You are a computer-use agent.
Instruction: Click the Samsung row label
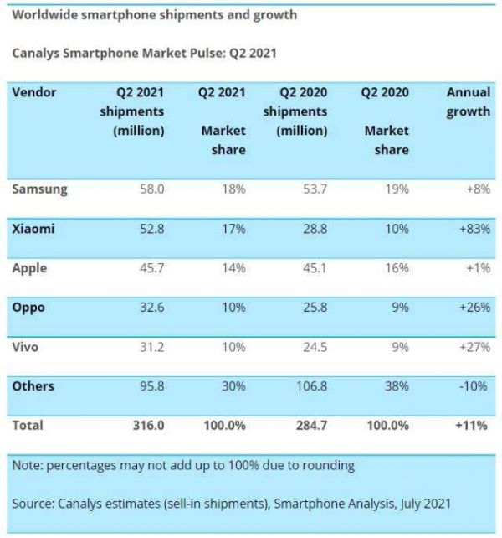click(39, 189)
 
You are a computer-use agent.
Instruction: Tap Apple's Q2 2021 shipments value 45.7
click(150, 268)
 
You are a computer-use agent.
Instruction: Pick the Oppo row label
click(28, 308)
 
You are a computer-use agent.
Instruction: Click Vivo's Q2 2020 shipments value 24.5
click(314, 347)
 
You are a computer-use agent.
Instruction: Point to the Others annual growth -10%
click(475, 386)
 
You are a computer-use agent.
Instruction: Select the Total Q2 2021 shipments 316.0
click(147, 426)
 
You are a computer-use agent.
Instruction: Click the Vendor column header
click(34, 91)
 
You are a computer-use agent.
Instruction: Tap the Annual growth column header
click(468, 101)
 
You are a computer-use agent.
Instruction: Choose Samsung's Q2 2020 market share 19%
click(397, 189)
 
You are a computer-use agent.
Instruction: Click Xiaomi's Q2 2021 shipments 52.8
click(150, 229)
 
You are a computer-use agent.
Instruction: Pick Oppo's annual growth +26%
click(473, 308)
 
